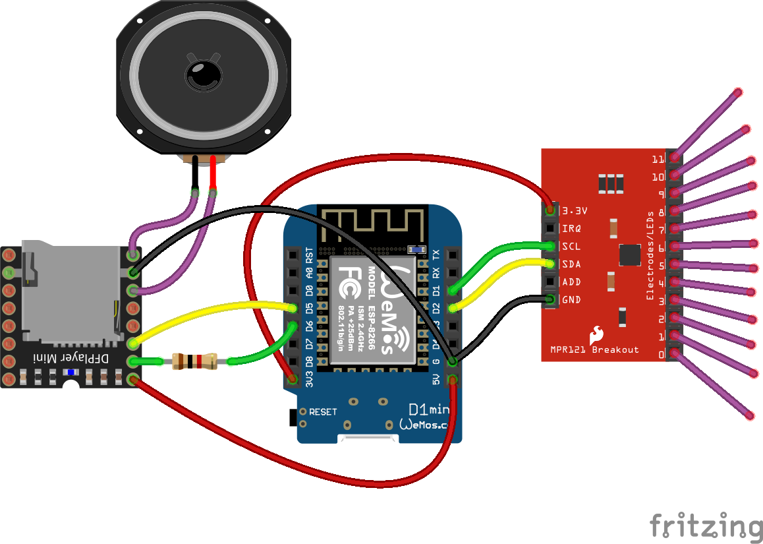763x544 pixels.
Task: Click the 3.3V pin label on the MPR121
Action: [575, 211]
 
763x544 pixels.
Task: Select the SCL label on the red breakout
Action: [571, 247]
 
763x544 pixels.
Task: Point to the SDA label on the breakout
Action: [571, 264]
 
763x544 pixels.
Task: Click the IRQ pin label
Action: [571, 229]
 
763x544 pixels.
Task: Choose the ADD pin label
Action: [571, 282]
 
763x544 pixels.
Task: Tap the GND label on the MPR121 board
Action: [571, 300]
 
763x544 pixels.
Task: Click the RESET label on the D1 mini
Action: [323, 412]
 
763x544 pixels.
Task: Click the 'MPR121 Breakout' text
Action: [594, 349]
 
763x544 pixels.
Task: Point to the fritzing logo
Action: [705, 526]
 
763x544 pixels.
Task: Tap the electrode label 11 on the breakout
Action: [657, 160]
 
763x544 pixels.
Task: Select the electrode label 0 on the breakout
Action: [661, 355]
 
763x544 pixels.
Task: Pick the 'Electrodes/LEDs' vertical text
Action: [650, 256]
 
